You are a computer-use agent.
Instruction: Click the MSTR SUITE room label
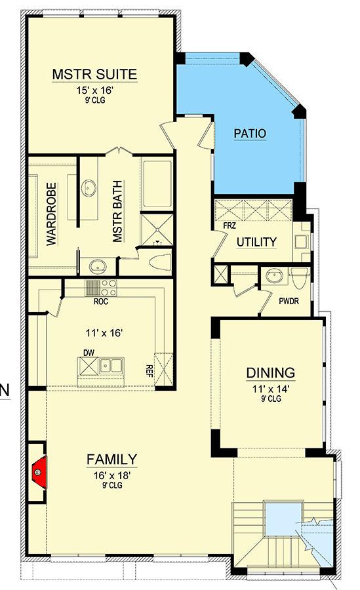pyautogui.click(x=94, y=74)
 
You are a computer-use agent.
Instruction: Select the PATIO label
pyautogui.click(x=250, y=134)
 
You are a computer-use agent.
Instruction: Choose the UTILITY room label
pyautogui.click(x=256, y=242)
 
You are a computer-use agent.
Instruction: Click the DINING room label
pyautogui.click(x=270, y=373)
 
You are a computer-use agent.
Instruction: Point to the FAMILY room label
pyautogui.click(x=111, y=459)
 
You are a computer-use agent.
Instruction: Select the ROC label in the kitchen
pyautogui.click(x=100, y=303)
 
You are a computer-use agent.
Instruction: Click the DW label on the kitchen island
pyautogui.click(x=89, y=353)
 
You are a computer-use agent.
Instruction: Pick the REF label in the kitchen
pyautogui.click(x=150, y=372)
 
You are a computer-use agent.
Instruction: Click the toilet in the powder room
pyautogui.click(x=298, y=277)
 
